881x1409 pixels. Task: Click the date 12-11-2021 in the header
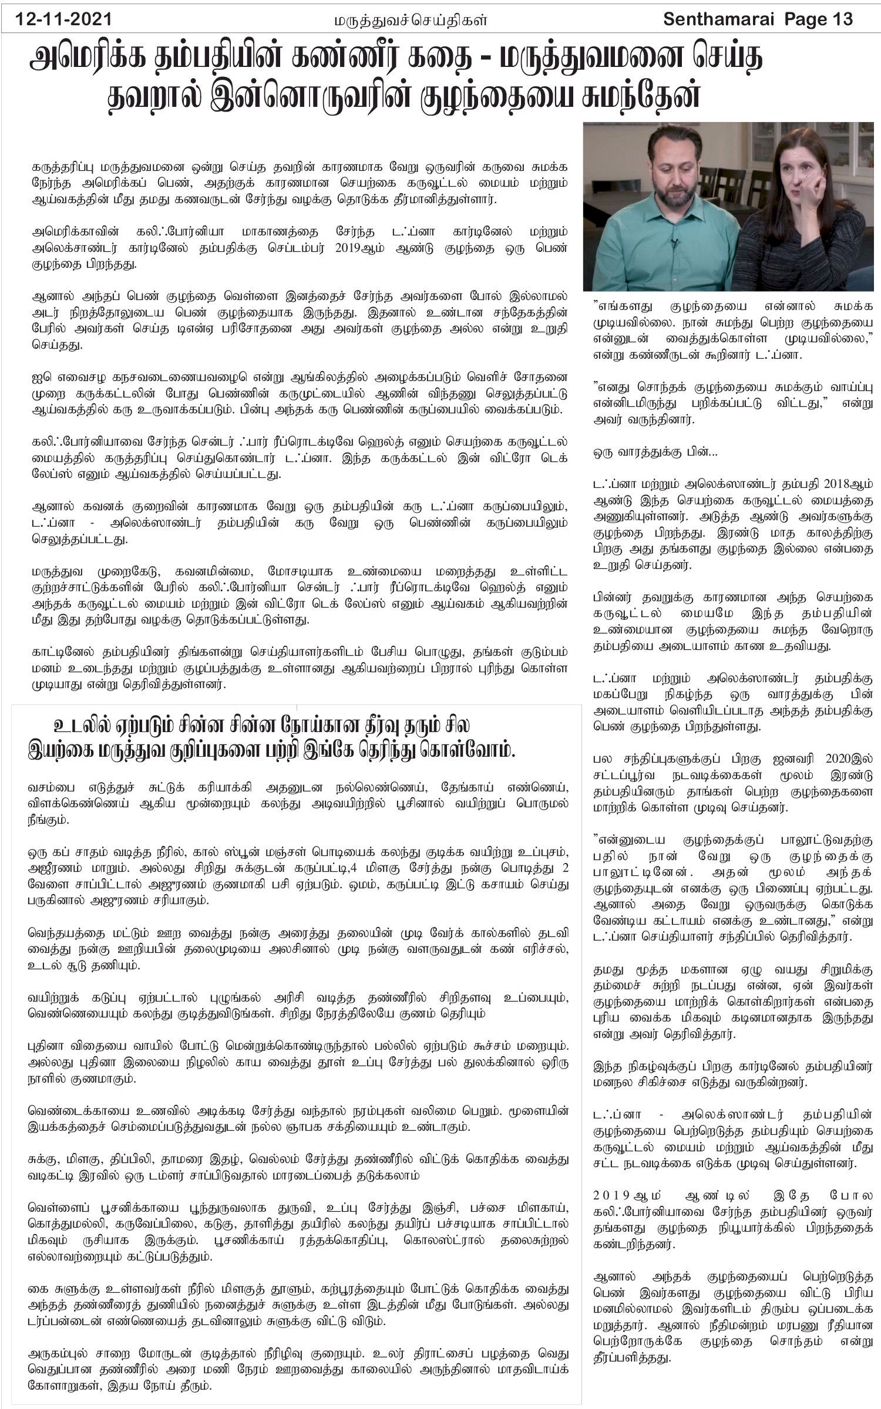[x=65, y=19]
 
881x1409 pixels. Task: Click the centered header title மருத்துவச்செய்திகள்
[x=411, y=21]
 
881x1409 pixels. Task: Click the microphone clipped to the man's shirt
[x=676, y=241]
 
